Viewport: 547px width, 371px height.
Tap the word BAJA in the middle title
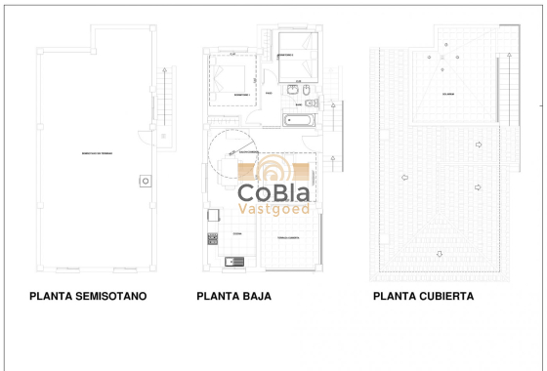click(254, 296)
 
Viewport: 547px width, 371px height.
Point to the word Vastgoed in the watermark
click(274, 208)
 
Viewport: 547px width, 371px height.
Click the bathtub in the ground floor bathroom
click(298, 121)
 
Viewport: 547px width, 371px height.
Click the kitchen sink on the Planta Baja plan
click(231, 261)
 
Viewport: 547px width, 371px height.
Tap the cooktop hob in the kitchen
click(212, 237)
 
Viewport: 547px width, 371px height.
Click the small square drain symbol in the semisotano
click(146, 180)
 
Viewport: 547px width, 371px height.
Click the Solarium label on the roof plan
click(448, 95)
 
